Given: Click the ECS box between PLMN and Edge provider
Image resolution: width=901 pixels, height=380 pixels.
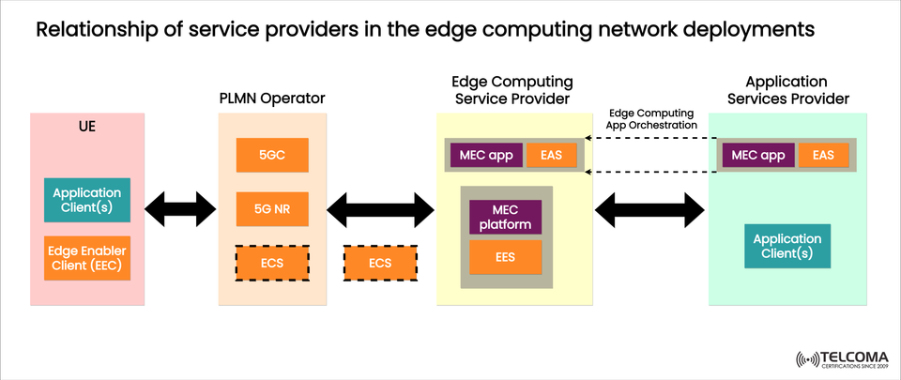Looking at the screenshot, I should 380,263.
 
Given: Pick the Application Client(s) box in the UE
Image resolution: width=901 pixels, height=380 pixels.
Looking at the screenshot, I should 87,200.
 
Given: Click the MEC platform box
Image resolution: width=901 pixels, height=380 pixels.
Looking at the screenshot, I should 506,217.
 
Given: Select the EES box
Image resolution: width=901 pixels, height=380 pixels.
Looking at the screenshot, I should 506,256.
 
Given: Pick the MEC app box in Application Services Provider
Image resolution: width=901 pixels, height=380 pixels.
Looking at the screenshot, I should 757,155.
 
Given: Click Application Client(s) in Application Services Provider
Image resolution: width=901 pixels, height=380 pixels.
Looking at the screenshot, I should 787,246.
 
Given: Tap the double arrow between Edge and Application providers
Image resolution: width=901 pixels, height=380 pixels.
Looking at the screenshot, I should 649,208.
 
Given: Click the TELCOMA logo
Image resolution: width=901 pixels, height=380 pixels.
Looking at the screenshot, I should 843,359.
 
